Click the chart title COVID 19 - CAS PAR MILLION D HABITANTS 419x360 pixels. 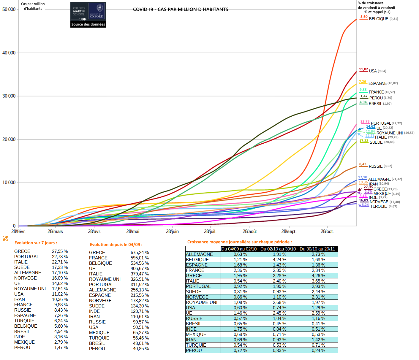coord(181,9)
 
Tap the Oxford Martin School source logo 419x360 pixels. coord(88,15)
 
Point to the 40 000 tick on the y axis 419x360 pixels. coord(9,53)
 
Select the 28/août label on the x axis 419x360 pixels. coord(249,231)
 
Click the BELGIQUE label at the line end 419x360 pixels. coord(379,19)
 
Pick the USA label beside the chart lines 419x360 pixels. coord(373,71)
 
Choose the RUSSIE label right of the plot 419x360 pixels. coord(376,166)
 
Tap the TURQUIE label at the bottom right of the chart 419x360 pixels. coord(378,207)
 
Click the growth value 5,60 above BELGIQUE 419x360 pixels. coord(364,17)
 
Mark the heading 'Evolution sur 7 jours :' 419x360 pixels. coord(36,243)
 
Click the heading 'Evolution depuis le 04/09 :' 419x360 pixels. coord(116,245)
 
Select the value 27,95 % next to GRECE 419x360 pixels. coord(60,251)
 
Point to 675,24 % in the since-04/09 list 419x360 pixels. coord(140,253)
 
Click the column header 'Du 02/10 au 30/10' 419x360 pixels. coord(278,249)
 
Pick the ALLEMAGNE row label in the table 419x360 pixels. coord(199,254)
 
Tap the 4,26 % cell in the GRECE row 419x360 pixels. coord(318,276)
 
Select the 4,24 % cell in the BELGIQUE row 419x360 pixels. coord(279,260)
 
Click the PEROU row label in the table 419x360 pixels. coord(194,351)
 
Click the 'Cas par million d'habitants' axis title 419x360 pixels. coord(33,6)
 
